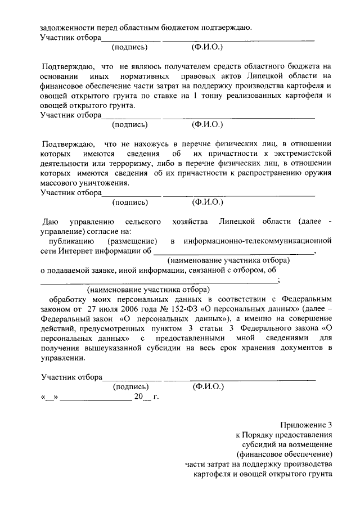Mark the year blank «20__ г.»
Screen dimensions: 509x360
click(x=146, y=397)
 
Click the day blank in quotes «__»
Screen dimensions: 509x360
click(x=49, y=397)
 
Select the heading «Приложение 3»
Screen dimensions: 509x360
click(x=307, y=425)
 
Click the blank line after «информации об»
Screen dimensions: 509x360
click(x=234, y=251)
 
